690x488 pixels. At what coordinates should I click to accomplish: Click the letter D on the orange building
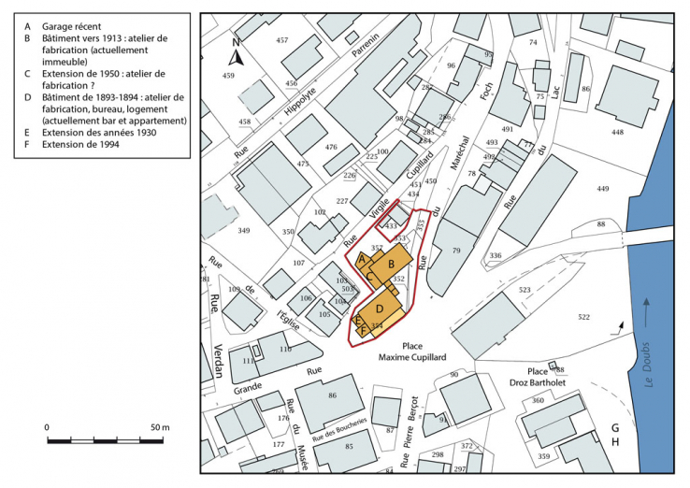380,308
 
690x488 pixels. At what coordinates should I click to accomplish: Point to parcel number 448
617,132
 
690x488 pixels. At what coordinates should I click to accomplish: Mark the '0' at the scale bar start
47,427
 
